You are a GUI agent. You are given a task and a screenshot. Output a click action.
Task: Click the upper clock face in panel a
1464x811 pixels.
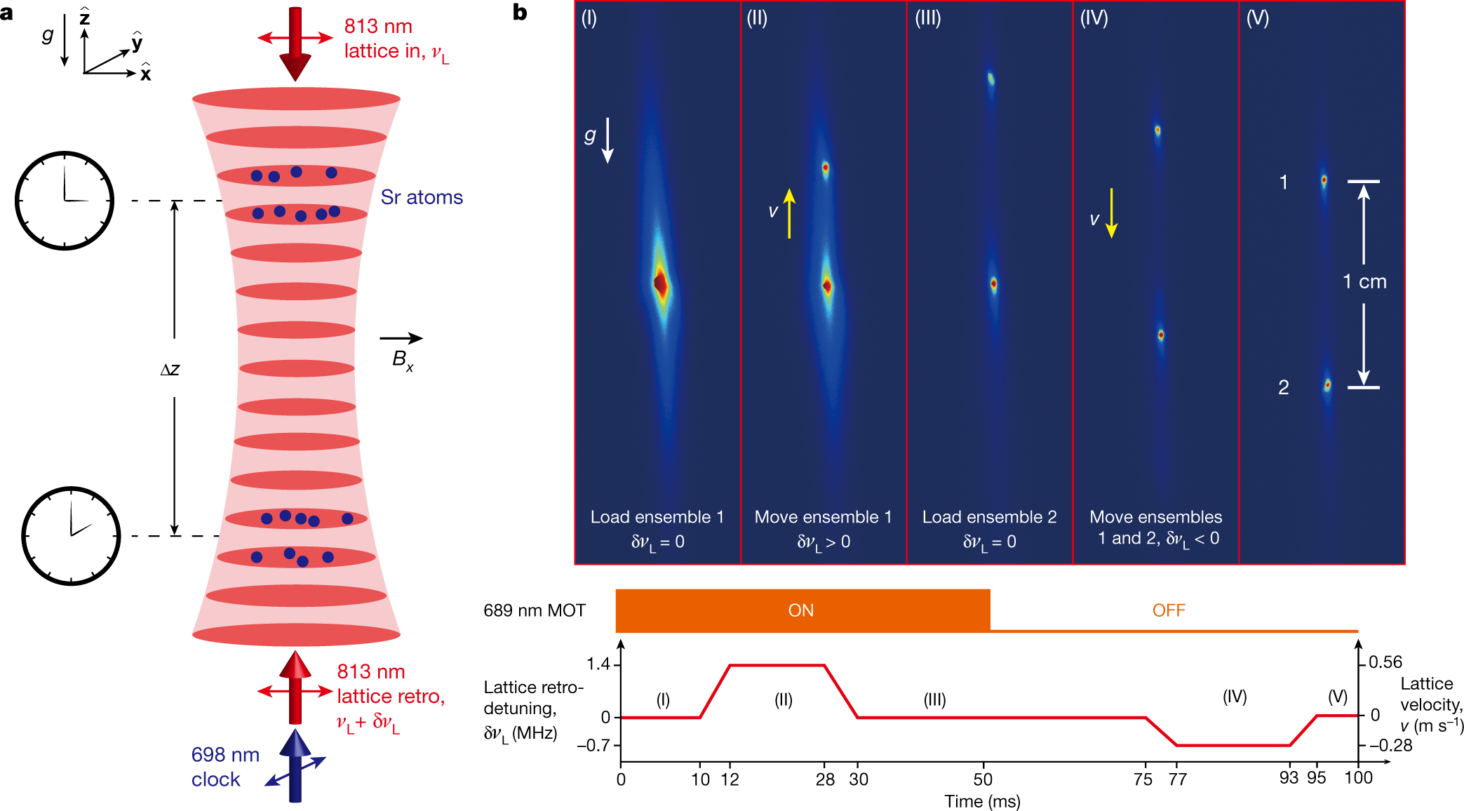tap(65, 201)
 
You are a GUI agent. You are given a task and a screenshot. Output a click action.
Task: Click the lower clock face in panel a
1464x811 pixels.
tap(71, 536)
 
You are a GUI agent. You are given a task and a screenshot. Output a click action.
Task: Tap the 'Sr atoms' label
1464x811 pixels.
tap(422, 197)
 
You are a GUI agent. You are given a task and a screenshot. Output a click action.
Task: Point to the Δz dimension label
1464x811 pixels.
tap(170, 369)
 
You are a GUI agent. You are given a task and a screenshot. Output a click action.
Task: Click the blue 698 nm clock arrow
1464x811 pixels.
tap(295, 765)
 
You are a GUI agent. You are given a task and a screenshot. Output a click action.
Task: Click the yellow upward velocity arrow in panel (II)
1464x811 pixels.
tap(789, 213)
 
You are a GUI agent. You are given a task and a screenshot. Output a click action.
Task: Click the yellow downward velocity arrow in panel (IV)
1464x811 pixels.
tap(1111, 213)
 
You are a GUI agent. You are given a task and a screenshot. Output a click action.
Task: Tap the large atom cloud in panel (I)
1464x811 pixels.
tap(660, 283)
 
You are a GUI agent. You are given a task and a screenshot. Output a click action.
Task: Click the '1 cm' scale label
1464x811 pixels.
tap(1364, 282)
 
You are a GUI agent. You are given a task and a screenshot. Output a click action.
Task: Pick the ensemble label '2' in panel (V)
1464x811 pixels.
tap(1283, 387)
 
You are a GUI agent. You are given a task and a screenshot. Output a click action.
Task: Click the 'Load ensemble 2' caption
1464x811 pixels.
tap(989, 517)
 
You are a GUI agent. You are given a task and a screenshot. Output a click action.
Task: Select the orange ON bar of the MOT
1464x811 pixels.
tap(802, 610)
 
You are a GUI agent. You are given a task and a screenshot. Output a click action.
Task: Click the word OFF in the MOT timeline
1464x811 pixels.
tap(1169, 610)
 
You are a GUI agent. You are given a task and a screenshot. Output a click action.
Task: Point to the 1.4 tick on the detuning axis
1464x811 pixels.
tap(598, 664)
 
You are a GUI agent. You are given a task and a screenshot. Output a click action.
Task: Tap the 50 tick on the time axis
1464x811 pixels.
tap(983, 779)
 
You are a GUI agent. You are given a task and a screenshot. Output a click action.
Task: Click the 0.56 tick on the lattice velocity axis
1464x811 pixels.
tap(1385, 662)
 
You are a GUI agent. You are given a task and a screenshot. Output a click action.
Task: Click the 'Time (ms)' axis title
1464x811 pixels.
tap(982, 801)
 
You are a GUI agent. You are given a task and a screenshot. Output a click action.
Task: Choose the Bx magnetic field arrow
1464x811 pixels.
tap(401, 338)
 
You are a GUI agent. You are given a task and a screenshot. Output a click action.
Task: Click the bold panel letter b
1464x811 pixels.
tap(520, 12)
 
